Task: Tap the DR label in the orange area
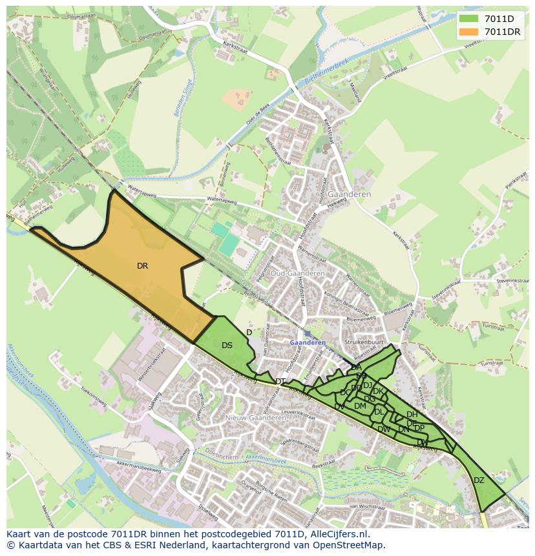pyautogui.click(x=142, y=265)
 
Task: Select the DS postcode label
pyautogui.click(x=227, y=345)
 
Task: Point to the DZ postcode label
pyautogui.click(x=479, y=480)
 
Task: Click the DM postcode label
pyautogui.click(x=360, y=406)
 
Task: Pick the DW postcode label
pyautogui.click(x=384, y=429)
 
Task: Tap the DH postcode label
pyautogui.click(x=412, y=415)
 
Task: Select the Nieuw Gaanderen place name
pyautogui.click(x=255, y=418)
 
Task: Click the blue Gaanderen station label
pyautogui.click(x=308, y=343)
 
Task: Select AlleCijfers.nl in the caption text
pyautogui.click(x=337, y=534)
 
